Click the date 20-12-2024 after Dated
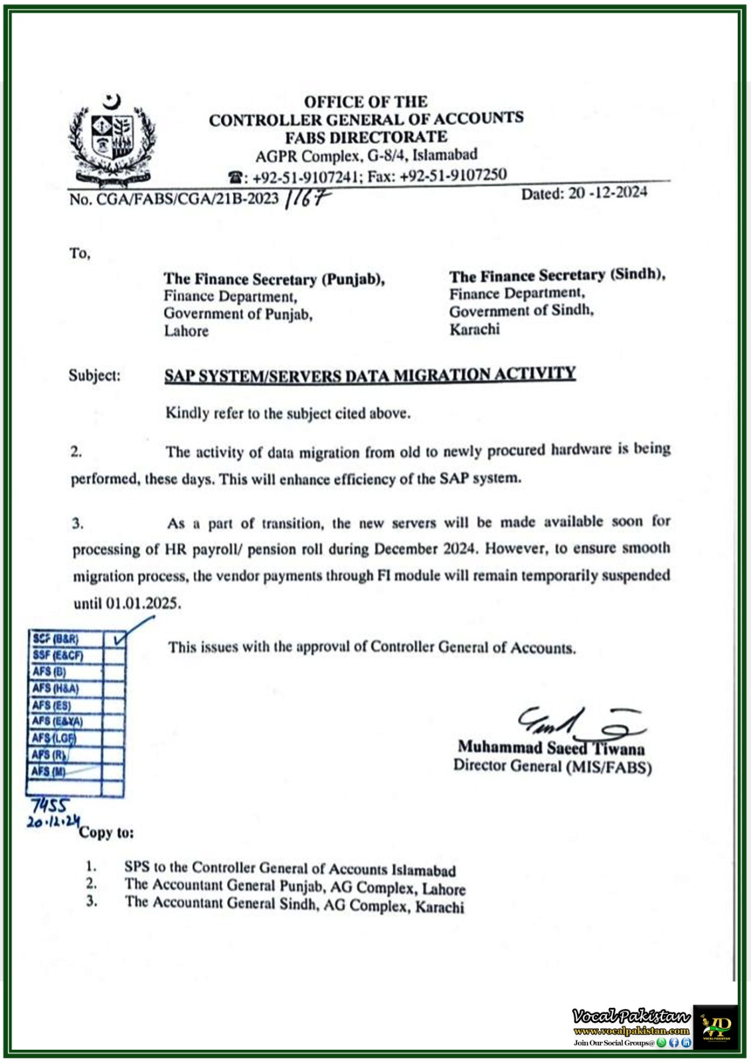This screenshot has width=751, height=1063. coord(608,193)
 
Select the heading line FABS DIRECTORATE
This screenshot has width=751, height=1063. coord(366,138)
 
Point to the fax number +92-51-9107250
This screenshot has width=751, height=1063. coord(454,175)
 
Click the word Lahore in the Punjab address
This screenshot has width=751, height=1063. coord(187,331)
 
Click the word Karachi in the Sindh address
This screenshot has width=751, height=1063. coord(474,330)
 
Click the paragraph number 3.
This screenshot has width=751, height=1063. coord(78,524)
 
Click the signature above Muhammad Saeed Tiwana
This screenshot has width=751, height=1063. coord(578,724)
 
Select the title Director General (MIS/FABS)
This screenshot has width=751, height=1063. coord(552,766)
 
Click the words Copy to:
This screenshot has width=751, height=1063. coord(106,832)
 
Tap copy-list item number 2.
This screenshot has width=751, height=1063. coord(91,884)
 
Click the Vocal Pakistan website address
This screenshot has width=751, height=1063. coord(631,1031)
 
